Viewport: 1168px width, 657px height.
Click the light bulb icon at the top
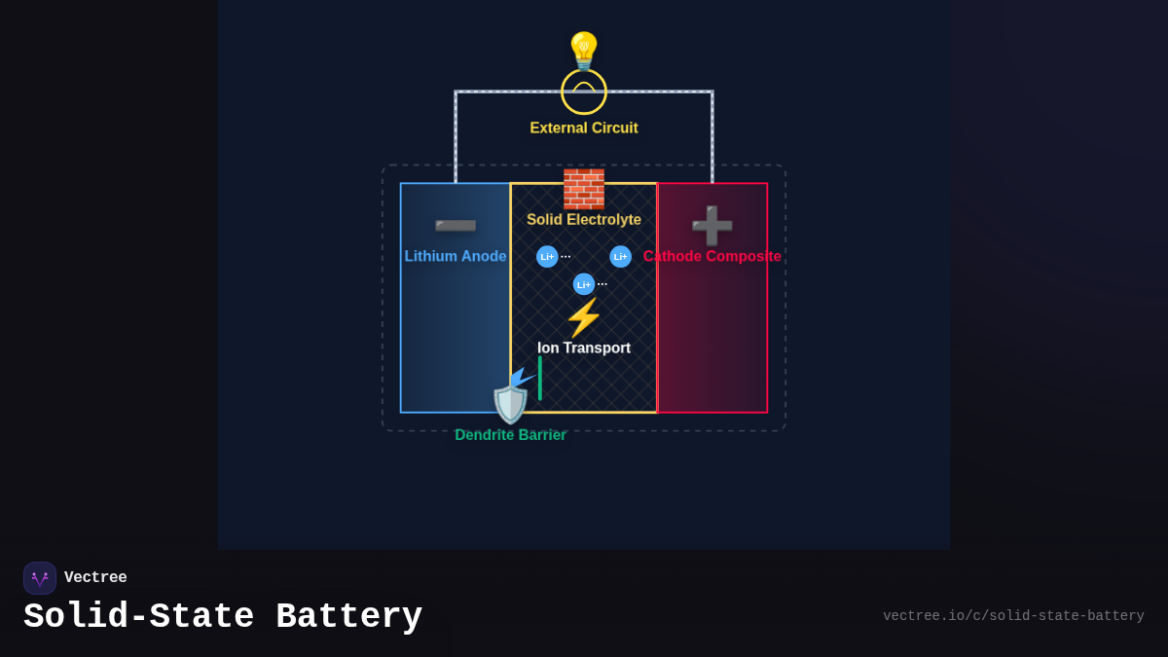(584, 51)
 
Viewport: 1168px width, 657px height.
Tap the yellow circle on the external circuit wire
(584, 91)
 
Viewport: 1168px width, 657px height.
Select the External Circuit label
(584, 128)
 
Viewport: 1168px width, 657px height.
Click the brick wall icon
(584, 189)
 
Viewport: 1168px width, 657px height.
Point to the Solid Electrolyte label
(584, 220)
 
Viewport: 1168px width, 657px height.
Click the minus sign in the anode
(456, 227)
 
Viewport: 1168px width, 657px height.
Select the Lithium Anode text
(456, 256)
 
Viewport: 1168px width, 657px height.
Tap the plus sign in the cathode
(712, 226)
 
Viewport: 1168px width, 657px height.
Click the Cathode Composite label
(712, 256)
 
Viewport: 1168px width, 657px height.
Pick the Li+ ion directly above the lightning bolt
(584, 284)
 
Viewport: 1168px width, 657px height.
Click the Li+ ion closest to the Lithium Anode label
(547, 257)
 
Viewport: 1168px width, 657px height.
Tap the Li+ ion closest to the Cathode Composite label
(620, 257)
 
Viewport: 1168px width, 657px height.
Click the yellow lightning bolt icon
(584, 317)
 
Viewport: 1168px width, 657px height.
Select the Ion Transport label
(584, 348)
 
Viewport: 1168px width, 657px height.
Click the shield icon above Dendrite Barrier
(511, 403)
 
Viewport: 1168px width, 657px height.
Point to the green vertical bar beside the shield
(540, 378)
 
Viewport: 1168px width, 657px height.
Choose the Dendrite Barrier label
(510, 435)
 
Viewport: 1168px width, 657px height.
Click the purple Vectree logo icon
(40, 578)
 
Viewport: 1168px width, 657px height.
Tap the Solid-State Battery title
(223, 617)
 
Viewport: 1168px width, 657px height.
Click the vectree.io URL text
(1013, 616)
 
